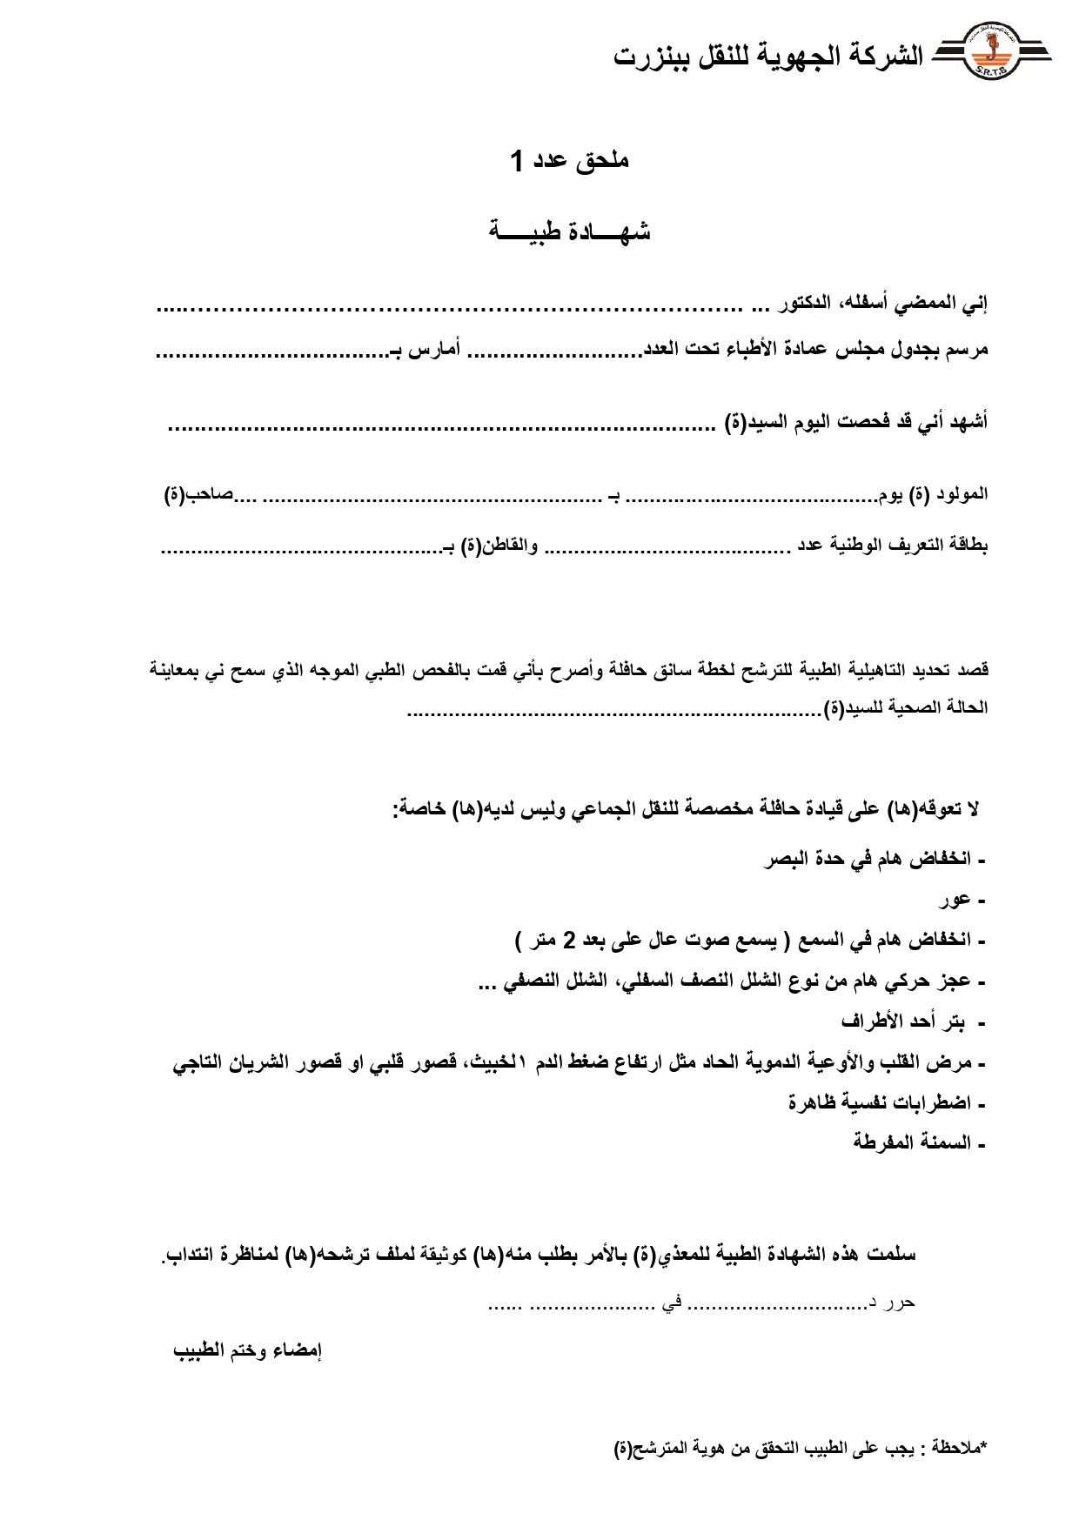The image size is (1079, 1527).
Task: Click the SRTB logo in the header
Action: point(991,55)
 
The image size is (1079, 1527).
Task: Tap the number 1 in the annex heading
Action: point(517,161)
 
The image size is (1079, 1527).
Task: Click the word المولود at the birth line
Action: point(961,494)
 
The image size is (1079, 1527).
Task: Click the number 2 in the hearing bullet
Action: point(570,940)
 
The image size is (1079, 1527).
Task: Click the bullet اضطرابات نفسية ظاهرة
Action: point(879,1102)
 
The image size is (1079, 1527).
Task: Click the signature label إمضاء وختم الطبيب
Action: point(248,1350)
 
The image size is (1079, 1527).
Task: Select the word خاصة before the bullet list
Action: point(418,809)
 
